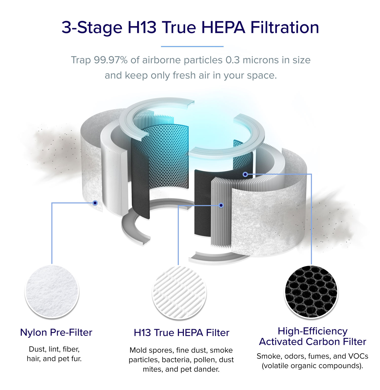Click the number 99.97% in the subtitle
(x=110, y=60)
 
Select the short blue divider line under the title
(x=192, y=47)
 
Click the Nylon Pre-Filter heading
(x=56, y=332)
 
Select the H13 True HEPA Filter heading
(x=181, y=333)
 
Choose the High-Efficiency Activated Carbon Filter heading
(x=312, y=336)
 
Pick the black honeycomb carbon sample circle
(x=311, y=292)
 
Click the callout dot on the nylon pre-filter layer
(x=95, y=203)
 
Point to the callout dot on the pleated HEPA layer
(x=221, y=205)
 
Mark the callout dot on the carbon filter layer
(x=245, y=174)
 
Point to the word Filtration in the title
(x=285, y=27)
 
